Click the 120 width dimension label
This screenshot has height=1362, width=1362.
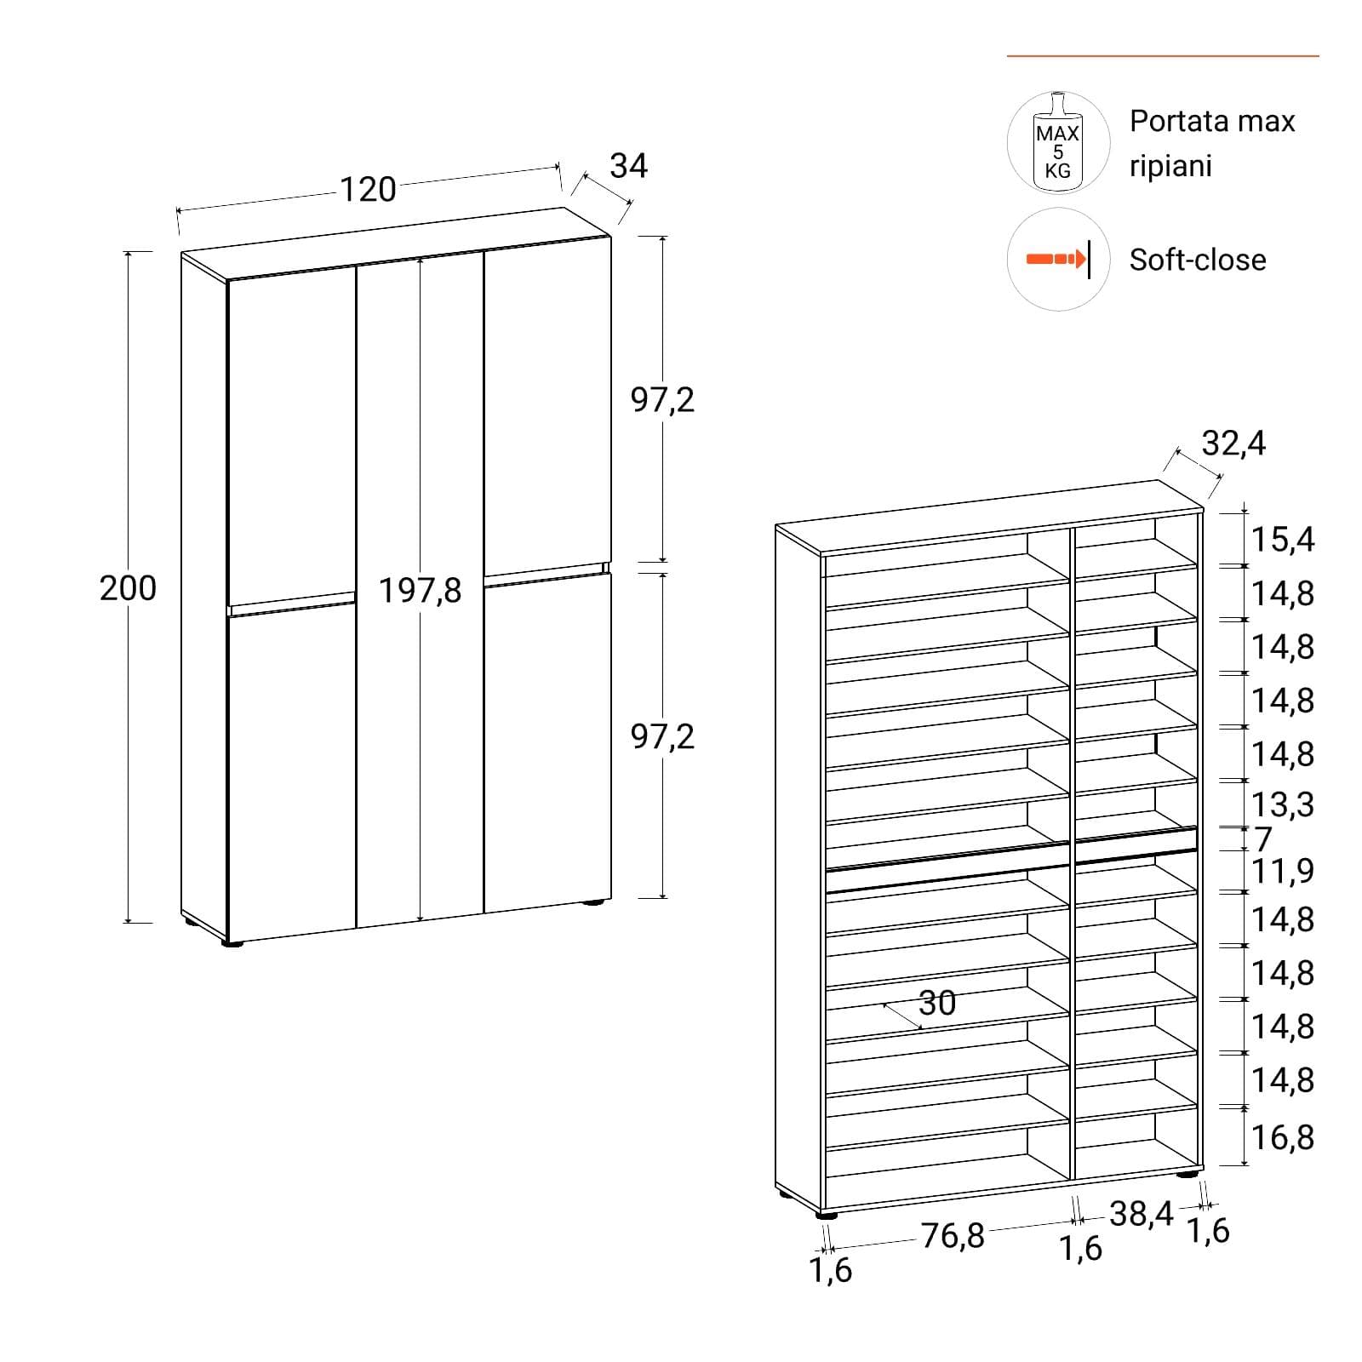click(368, 189)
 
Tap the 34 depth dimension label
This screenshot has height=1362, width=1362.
click(629, 165)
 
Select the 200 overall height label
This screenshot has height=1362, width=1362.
click(128, 588)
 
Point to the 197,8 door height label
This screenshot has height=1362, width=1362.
click(420, 591)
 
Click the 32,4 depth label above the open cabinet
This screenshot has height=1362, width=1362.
click(1233, 444)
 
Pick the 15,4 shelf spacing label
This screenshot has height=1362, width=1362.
click(1283, 540)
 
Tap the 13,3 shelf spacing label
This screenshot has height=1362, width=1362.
click(1283, 804)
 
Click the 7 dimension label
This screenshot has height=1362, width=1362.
click(1263, 839)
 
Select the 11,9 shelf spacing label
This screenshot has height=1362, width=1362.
click(1283, 871)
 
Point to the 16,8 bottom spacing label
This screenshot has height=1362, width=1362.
click(1283, 1137)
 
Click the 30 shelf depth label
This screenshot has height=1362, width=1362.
click(937, 1003)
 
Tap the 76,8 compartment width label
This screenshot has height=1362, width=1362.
click(953, 1235)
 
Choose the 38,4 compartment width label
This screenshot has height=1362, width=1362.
click(1142, 1214)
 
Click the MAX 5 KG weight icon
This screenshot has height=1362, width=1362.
click(1058, 142)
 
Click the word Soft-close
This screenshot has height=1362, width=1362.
click(1198, 260)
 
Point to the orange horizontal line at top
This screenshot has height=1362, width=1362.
click(1163, 56)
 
